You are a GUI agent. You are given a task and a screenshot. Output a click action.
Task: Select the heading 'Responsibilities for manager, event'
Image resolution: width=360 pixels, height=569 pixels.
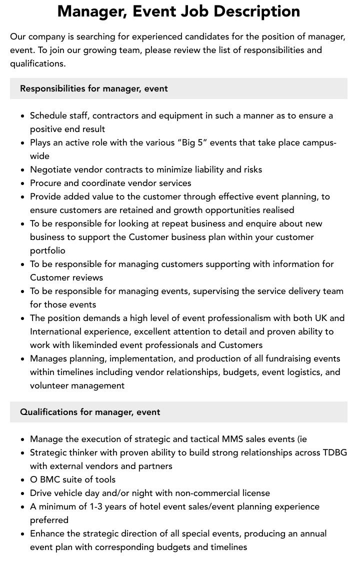point(93,88)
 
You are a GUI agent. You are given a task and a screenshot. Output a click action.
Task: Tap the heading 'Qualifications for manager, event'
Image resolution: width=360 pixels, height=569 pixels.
point(90,412)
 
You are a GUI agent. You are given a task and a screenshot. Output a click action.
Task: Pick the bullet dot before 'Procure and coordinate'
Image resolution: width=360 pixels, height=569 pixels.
point(23,183)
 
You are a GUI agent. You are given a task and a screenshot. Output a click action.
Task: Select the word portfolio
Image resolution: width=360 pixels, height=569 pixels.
point(47,250)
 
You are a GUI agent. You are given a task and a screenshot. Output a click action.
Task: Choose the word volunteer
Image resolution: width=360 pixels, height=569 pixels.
point(49,385)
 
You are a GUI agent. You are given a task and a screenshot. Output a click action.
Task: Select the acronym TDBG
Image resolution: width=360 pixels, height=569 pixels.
point(334,452)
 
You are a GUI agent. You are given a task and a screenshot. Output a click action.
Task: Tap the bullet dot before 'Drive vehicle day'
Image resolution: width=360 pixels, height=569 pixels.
point(23,493)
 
